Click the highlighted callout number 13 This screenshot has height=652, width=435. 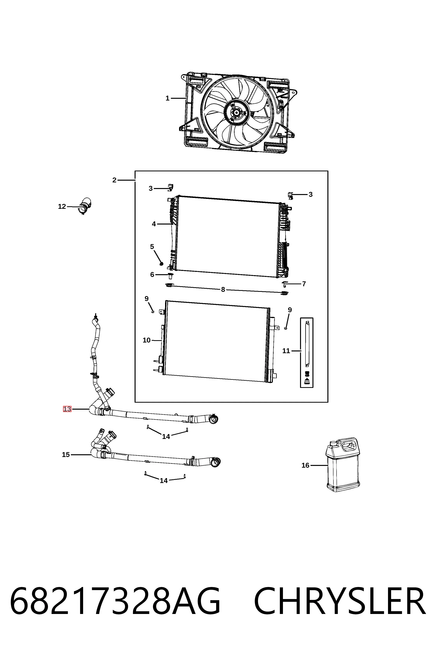pyautogui.click(x=67, y=409)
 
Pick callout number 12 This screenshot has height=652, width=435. pyautogui.click(x=62, y=206)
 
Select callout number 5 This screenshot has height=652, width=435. pyautogui.click(x=152, y=247)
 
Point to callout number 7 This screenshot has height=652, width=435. pyautogui.click(x=304, y=284)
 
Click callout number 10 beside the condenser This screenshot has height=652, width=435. pyautogui.click(x=146, y=340)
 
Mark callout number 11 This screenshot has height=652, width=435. pyautogui.click(x=286, y=351)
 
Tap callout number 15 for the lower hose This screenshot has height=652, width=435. pyautogui.click(x=66, y=455)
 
